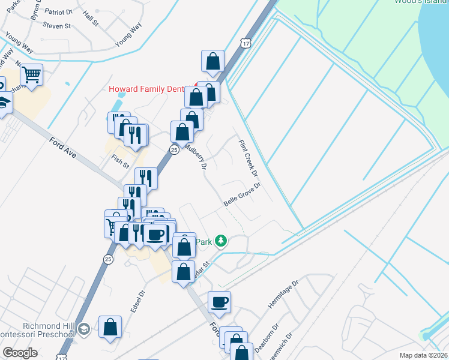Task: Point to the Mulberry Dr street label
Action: coord(196,155)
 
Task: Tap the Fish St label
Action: coord(120,161)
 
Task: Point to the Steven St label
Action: coord(58,26)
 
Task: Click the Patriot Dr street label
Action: coord(59,11)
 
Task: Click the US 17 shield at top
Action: coord(244,43)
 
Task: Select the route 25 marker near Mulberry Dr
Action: coord(173,150)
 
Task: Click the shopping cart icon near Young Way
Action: coord(31,76)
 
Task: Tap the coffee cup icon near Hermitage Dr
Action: coord(219,302)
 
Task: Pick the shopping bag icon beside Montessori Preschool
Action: coord(110,327)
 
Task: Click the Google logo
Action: coord(20,353)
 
